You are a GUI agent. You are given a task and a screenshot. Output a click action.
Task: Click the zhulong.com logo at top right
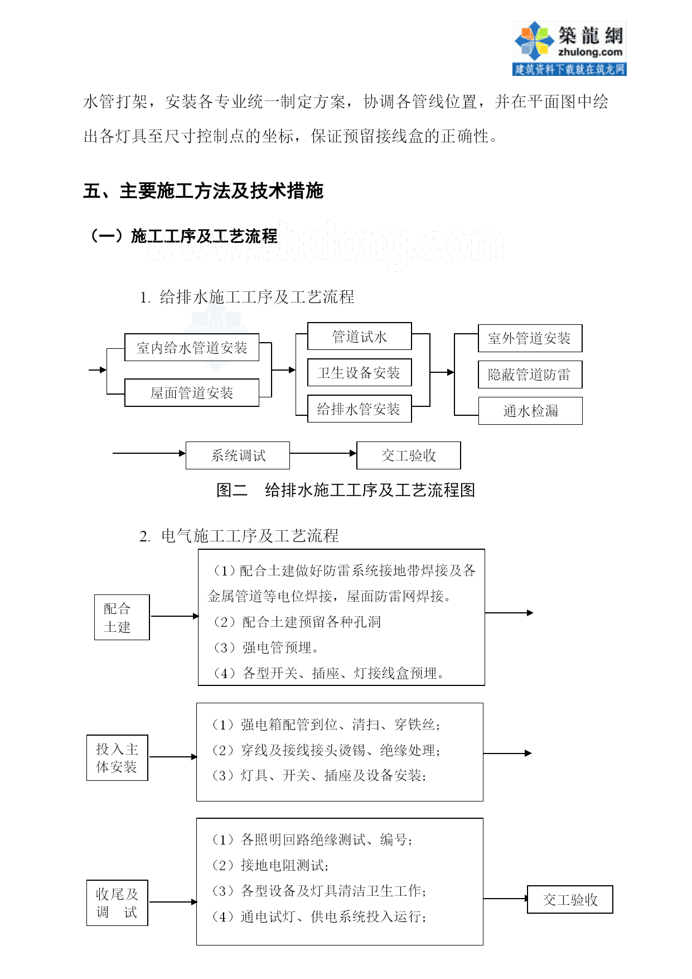[569, 48]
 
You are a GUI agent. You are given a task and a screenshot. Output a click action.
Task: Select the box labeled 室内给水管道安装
[192, 348]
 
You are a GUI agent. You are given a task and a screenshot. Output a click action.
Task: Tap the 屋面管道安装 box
[192, 393]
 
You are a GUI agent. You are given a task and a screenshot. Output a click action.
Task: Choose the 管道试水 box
[360, 337]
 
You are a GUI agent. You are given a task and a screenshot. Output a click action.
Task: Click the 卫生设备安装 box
[360, 373]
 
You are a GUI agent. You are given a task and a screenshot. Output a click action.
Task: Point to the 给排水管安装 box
[360, 409]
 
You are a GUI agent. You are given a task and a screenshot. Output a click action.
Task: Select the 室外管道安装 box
[530, 338]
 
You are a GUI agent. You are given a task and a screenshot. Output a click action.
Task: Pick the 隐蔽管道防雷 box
[530, 375]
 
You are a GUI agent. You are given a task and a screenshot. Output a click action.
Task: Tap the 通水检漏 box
[530, 411]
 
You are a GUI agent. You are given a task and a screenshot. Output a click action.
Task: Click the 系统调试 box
[238, 455]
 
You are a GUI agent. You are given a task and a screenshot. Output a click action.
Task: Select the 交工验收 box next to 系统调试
[409, 455]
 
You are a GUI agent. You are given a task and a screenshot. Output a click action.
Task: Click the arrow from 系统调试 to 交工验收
[323, 453]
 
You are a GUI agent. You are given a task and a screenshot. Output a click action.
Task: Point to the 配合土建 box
[122, 617]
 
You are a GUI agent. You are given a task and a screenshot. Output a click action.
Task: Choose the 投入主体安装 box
[117, 758]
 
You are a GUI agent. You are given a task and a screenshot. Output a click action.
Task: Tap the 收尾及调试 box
[117, 903]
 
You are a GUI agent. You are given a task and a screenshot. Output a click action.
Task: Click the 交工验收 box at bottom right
[570, 900]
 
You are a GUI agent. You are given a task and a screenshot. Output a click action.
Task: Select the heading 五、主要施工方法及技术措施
[204, 191]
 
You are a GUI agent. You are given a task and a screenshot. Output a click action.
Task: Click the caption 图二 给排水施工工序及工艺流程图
[346, 490]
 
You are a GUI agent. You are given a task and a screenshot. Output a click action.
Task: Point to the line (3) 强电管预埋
[265, 647]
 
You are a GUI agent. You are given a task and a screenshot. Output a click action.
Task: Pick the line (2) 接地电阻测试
[270, 865]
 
